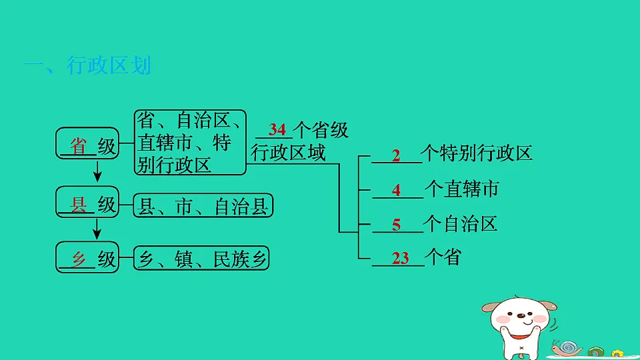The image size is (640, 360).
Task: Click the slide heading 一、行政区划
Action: (87, 66)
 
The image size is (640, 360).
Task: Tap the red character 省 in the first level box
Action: (79, 146)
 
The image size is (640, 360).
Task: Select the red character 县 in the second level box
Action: (79, 205)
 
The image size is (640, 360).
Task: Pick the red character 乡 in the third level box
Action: (79, 259)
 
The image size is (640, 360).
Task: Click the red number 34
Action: (277, 129)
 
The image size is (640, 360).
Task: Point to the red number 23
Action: (401, 258)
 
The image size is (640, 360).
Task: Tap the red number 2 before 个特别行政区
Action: (396, 156)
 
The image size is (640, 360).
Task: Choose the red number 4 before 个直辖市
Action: (396, 190)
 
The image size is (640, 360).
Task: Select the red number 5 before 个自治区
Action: (396, 225)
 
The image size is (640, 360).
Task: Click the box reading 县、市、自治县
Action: (203, 207)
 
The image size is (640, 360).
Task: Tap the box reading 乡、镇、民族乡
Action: (201, 259)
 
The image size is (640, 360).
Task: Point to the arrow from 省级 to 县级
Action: (97, 172)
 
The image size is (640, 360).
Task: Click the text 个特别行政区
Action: (478, 154)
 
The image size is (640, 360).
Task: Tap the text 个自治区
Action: (461, 223)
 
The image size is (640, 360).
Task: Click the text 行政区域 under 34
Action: (288, 153)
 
